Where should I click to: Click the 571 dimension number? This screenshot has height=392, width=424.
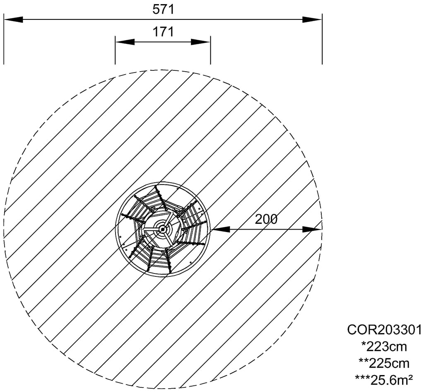click(163, 10)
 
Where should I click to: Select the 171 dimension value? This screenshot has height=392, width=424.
click(163, 31)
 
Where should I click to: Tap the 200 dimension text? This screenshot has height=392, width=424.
click(266, 219)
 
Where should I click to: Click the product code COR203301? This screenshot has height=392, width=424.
click(384, 330)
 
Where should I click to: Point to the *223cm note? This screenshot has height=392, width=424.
click(384, 346)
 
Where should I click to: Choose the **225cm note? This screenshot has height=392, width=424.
click(384, 363)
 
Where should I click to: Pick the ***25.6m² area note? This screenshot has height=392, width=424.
click(384, 380)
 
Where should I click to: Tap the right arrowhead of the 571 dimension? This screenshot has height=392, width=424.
click(312, 19)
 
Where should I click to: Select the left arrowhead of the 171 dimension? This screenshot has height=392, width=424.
click(125, 42)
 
